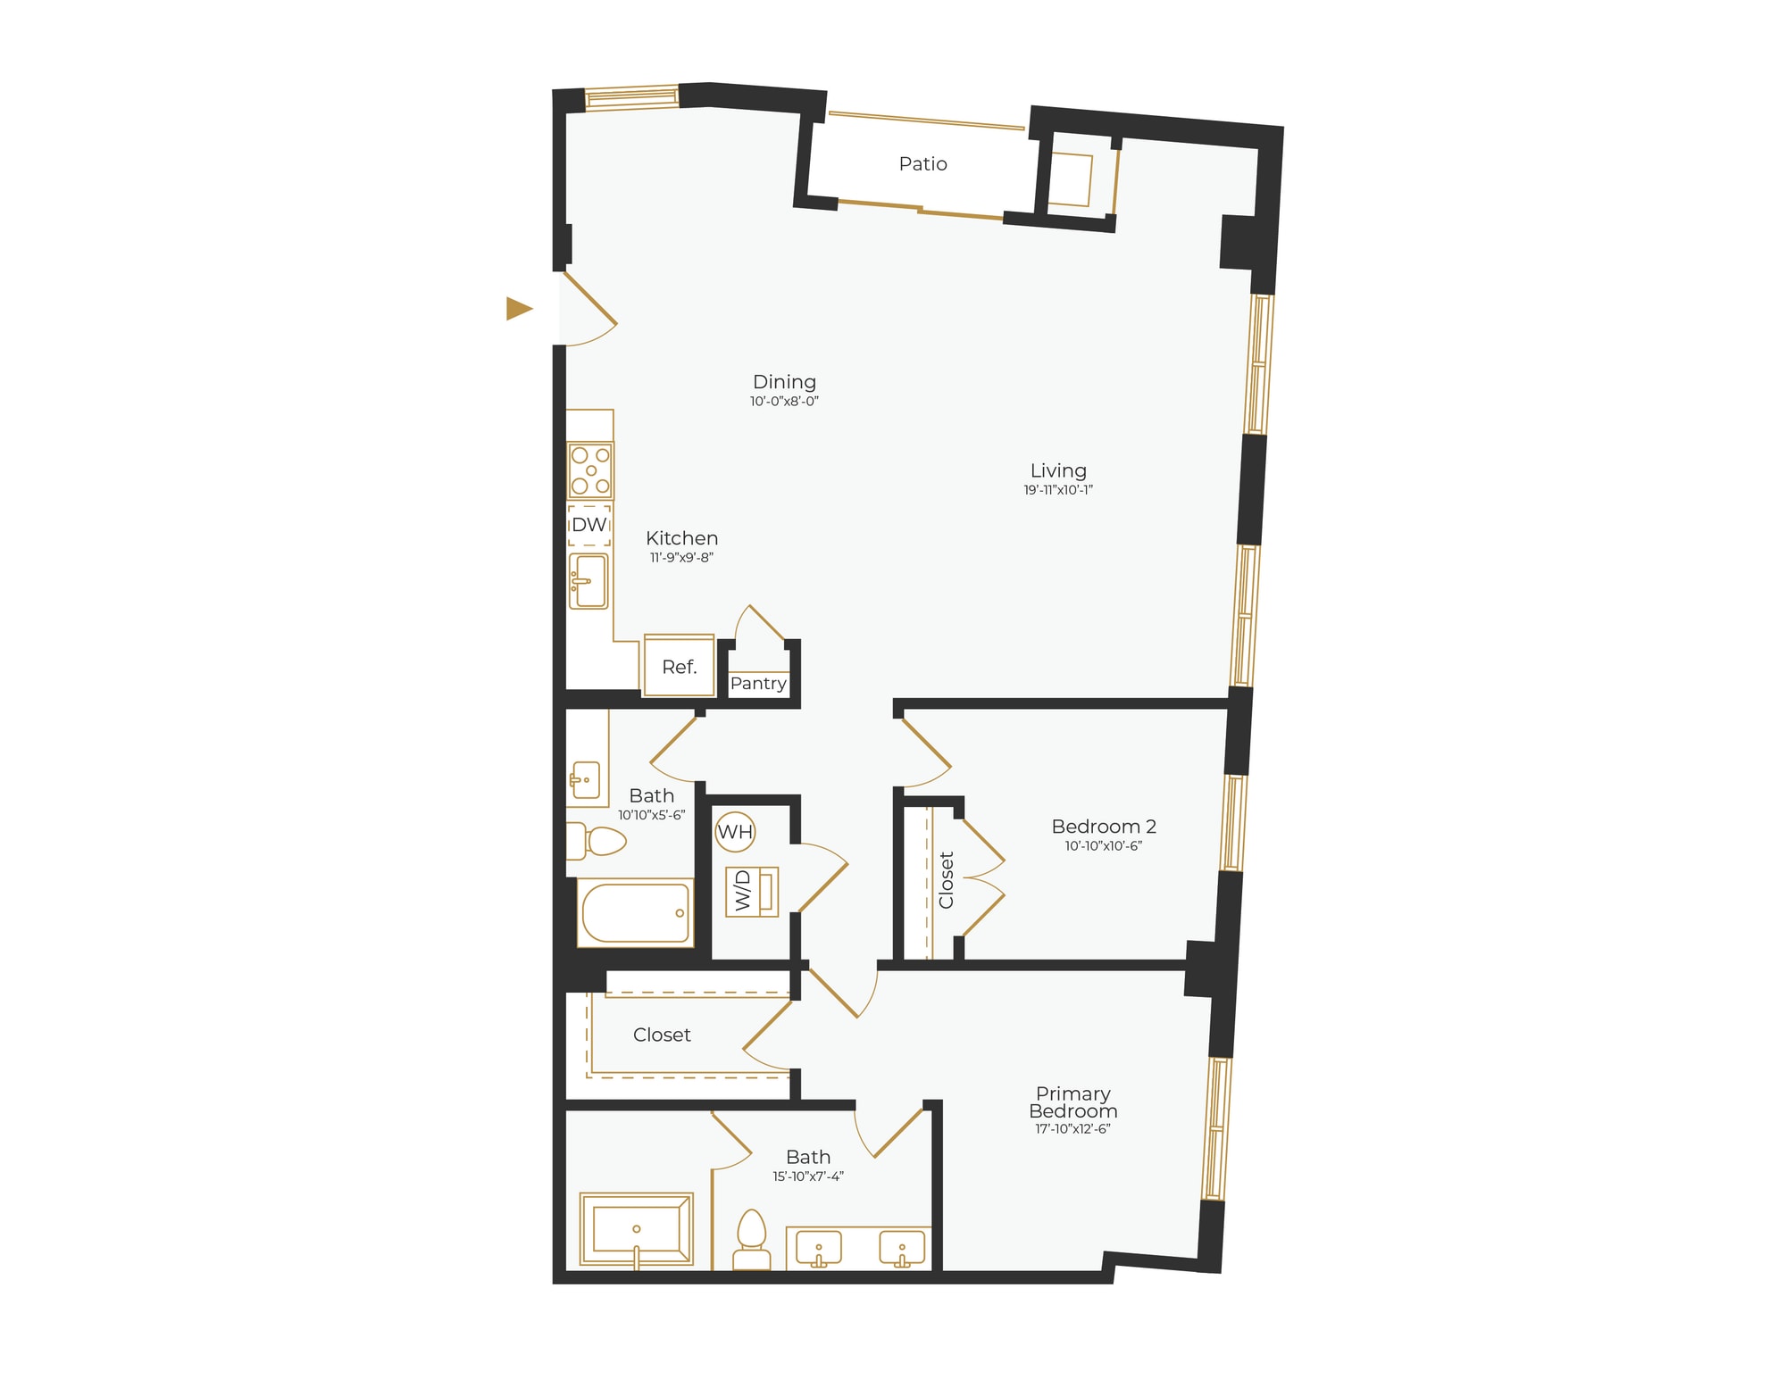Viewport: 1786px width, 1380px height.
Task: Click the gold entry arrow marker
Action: click(x=519, y=308)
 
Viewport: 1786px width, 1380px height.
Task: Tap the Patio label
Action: click(x=922, y=163)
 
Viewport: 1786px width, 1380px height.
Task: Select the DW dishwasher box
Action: click(x=589, y=525)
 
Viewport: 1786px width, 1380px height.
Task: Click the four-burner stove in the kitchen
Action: click(x=590, y=470)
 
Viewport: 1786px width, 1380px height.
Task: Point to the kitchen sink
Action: click(x=589, y=581)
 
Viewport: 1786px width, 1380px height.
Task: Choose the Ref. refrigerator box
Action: click(x=679, y=667)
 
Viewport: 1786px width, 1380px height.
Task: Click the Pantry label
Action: click(x=758, y=684)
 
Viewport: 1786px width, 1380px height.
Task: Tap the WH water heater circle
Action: click(x=735, y=832)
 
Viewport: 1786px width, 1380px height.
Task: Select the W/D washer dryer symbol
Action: click(x=752, y=892)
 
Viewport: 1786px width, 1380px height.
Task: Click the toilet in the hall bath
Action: click(x=599, y=840)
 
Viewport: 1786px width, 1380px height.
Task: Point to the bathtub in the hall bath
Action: click(x=635, y=913)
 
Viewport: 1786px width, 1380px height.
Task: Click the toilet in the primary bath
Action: click(x=751, y=1241)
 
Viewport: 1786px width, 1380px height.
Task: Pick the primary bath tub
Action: click(x=636, y=1229)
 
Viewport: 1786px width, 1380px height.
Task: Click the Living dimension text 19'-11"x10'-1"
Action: click(x=1058, y=490)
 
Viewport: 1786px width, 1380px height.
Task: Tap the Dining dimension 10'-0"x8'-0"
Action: click(x=784, y=402)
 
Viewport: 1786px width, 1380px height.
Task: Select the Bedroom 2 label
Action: click(x=1104, y=827)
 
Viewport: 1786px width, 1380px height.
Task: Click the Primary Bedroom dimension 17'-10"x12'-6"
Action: click(x=1072, y=1129)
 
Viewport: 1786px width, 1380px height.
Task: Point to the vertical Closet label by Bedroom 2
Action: click(x=947, y=880)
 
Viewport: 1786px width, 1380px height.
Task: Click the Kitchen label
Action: click(x=681, y=538)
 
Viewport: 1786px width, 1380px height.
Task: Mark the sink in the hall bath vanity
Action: click(x=585, y=780)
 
